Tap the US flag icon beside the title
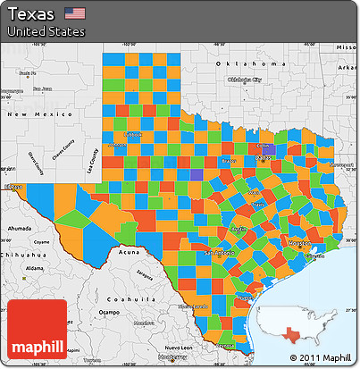(75, 13)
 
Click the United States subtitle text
(46, 31)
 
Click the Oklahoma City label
(245, 80)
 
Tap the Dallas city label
(264, 157)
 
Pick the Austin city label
(239, 229)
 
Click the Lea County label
(90, 159)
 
